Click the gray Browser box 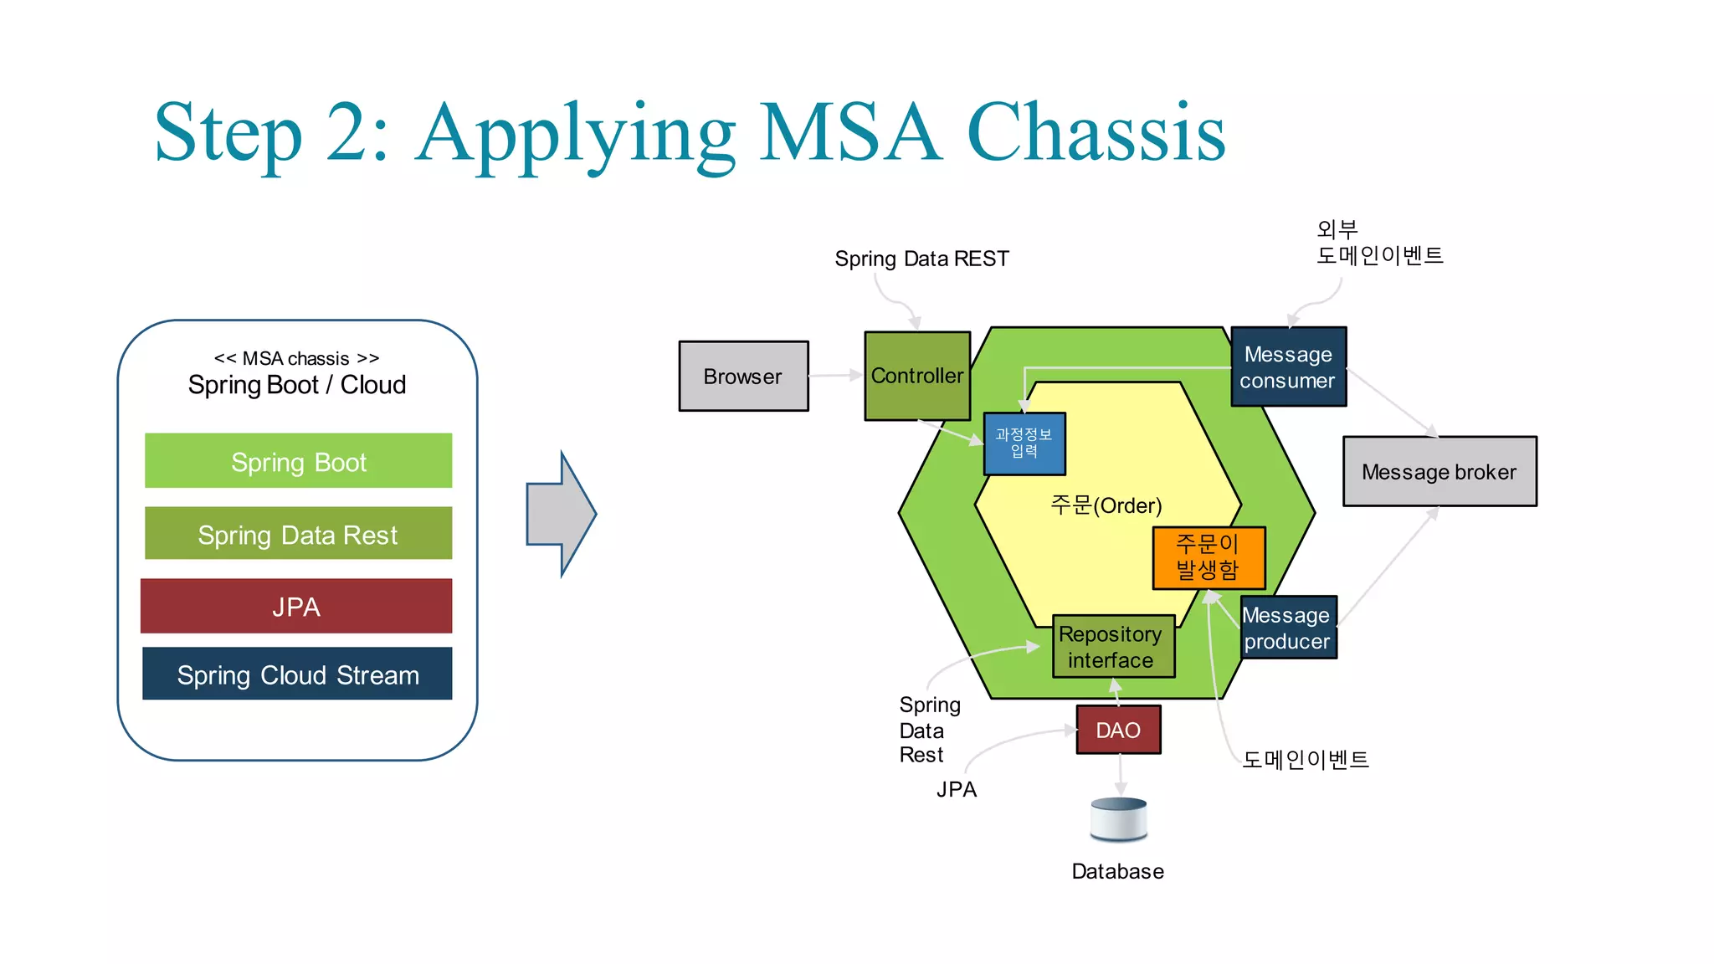point(743,376)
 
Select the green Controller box point(916,376)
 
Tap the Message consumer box point(1288,367)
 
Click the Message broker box point(1439,471)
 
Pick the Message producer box point(1287,628)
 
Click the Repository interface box point(1112,647)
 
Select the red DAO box point(1118,730)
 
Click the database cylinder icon point(1119,819)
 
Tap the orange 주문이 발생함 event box point(1208,557)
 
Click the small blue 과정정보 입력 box point(1024,444)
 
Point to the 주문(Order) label point(1106,505)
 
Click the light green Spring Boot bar point(298,461)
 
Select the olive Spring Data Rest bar point(298,534)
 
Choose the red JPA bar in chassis point(296,606)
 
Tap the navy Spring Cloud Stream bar point(297,674)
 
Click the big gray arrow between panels point(558,514)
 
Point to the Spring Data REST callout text point(921,259)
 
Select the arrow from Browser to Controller point(835,375)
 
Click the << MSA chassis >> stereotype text point(296,358)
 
